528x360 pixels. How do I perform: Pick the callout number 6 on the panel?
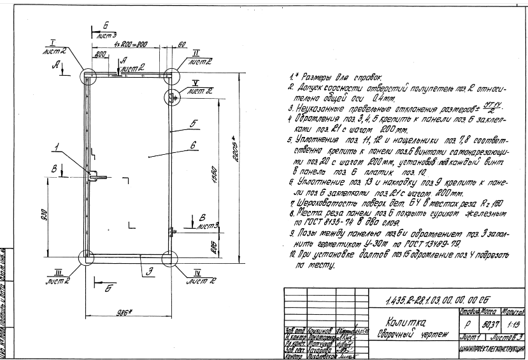click(x=191, y=145)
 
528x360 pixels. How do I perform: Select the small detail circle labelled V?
click(x=173, y=97)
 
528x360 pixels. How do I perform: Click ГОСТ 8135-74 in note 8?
click(x=317, y=223)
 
